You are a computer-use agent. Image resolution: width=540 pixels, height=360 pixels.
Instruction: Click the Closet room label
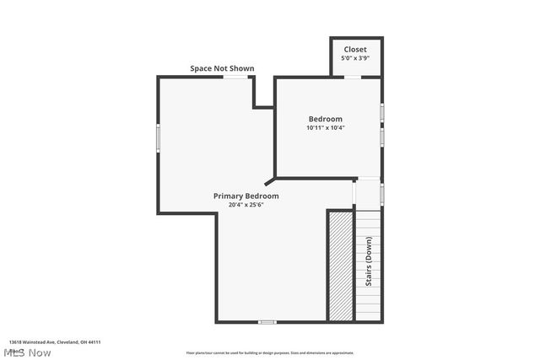coord(354,50)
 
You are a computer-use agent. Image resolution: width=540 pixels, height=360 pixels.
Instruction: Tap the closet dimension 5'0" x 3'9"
coord(354,59)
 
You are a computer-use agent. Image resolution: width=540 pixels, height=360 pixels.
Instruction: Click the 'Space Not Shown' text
coord(222,68)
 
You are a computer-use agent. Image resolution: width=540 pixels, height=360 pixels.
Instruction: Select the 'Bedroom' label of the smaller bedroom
coord(325,119)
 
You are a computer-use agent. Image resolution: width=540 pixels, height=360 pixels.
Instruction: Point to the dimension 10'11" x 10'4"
coord(325,128)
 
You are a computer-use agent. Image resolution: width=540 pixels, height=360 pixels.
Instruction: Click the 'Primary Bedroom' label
coord(246,196)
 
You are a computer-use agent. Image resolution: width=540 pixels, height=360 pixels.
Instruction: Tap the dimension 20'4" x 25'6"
coord(246,205)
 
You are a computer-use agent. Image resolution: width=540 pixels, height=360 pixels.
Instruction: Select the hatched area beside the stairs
coord(340,266)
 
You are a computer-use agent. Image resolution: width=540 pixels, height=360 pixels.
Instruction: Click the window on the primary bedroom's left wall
coord(158,138)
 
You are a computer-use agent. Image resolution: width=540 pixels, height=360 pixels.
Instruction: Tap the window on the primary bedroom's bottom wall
coord(267,321)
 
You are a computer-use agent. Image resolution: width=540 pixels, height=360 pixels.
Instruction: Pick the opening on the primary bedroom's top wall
coord(235,77)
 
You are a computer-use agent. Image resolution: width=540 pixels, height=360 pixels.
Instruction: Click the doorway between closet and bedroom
coord(353,77)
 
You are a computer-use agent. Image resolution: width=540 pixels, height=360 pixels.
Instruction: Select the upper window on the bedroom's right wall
coord(381,111)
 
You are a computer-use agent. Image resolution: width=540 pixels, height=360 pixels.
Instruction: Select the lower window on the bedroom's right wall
coord(381,134)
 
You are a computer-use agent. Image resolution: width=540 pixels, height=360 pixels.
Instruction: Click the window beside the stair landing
coord(381,194)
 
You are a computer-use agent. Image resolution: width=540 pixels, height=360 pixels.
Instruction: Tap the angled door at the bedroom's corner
coord(269,180)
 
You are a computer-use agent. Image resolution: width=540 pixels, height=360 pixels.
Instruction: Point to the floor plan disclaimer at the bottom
coord(270,353)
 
